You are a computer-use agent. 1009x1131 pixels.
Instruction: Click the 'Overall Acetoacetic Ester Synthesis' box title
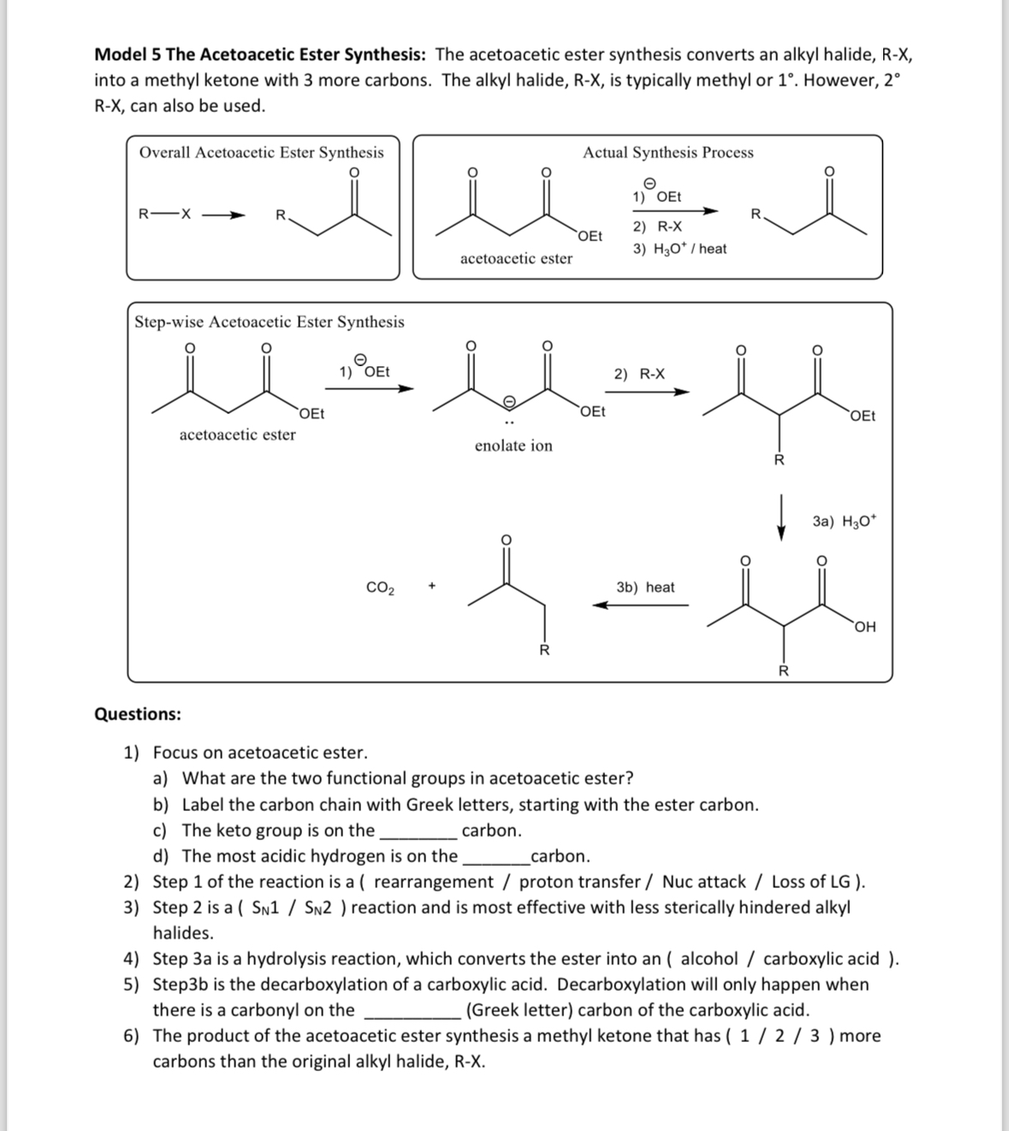click(261, 152)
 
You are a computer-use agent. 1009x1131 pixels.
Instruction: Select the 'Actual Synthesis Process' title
click(668, 152)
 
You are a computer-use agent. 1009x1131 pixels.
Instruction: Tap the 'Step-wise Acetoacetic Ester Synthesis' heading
click(270, 322)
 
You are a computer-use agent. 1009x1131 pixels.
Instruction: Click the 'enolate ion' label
click(513, 446)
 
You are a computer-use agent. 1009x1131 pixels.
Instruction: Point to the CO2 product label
click(380, 588)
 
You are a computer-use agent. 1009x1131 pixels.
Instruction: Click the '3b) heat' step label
click(645, 587)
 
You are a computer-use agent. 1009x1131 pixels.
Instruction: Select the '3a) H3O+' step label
click(844, 521)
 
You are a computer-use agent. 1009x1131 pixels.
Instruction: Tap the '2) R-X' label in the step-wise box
click(639, 374)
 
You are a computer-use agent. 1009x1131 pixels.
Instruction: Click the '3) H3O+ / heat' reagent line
click(680, 249)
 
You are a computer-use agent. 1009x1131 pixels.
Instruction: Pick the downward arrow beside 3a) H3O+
click(780, 520)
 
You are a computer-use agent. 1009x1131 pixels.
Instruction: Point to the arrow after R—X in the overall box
click(225, 215)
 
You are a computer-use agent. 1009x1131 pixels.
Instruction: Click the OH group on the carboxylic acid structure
click(865, 627)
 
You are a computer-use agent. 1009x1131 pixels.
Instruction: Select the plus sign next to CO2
click(432, 587)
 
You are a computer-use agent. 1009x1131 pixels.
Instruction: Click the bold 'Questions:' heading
click(138, 714)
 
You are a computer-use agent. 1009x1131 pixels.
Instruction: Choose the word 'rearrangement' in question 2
click(434, 882)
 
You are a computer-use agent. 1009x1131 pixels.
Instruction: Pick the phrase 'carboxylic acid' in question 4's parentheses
click(821, 959)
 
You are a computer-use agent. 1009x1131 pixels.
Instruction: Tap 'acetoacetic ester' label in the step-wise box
click(237, 435)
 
